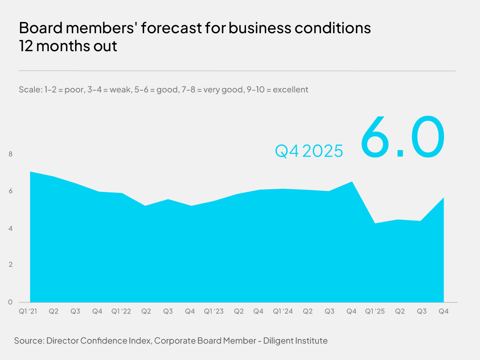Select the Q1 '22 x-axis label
pos(121,311)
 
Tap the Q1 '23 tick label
pos(214,311)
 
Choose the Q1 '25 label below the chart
pos(375,311)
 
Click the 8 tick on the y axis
pos(10,154)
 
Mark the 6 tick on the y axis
pos(10,191)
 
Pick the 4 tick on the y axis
pos(10,228)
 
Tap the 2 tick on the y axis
pos(10,265)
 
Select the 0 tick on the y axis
pos(10,302)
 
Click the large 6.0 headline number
pos(402,137)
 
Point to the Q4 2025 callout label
pos(309,151)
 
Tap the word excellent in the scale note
pos(290,89)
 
